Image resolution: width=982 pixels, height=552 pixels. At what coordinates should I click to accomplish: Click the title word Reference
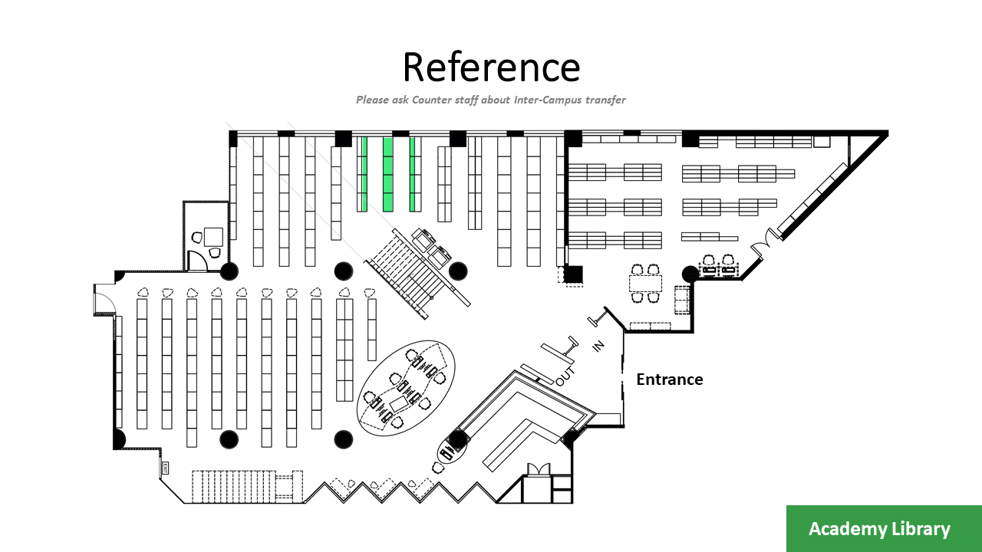[491, 67]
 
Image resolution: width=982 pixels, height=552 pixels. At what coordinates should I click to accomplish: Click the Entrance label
[669, 379]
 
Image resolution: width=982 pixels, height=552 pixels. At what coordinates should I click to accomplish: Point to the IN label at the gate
[598, 347]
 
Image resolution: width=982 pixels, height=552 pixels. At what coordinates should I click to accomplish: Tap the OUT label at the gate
[565, 376]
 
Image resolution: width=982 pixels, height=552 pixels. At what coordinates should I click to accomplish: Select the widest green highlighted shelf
[388, 174]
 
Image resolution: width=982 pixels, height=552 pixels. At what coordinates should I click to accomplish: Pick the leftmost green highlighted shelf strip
[364, 174]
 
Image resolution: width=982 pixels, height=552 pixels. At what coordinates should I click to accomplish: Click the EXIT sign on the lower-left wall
[164, 466]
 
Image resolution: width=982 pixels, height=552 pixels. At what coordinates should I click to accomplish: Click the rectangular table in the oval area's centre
[400, 403]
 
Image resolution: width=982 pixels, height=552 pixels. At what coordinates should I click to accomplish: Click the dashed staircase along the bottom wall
[233, 486]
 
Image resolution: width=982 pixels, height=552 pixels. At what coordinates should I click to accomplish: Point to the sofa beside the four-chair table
[681, 300]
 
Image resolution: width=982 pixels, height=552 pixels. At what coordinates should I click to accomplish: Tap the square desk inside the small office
[213, 236]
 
